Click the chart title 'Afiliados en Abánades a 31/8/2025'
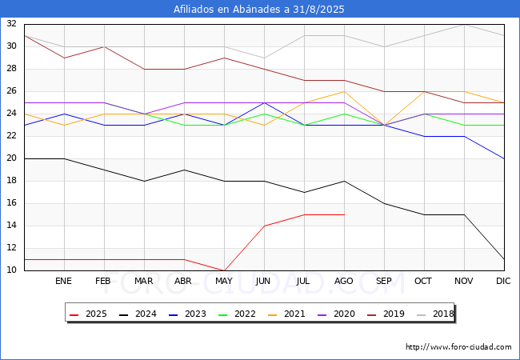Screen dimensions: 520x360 (258, 10)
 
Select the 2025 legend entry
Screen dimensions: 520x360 (88, 314)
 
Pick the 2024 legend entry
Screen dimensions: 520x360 (138, 314)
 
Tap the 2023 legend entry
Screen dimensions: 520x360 (187, 314)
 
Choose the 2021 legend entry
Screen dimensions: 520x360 (286, 314)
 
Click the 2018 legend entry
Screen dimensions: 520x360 (435, 314)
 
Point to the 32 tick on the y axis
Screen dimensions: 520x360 (12, 23)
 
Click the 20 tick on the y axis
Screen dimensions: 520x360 (12, 158)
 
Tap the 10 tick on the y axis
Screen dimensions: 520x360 (12, 270)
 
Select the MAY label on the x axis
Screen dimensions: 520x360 (224, 281)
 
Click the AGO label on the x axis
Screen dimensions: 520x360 (343, 281)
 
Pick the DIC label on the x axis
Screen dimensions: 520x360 (503, 281)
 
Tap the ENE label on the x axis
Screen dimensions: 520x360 (63, 281)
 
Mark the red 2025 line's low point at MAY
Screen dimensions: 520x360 (225, 270)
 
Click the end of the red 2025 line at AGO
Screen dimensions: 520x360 (345, 215)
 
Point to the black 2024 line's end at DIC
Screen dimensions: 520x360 (504, 259)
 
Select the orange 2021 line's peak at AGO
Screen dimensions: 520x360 (345, 91)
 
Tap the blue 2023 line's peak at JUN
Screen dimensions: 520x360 (264, 102)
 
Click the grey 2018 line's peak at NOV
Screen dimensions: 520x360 (464, 25)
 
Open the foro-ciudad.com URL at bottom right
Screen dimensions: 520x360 (458, 347)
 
